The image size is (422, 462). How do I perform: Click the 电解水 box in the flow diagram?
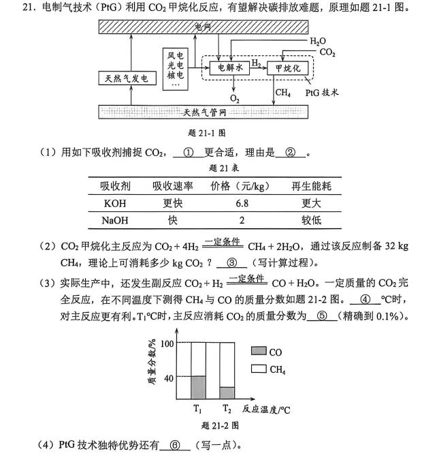[229, 68]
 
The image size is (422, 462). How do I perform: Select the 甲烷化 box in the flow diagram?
[287, 68]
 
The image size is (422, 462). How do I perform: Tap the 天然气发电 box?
[127, 78]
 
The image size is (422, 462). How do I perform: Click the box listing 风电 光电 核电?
[176, 69]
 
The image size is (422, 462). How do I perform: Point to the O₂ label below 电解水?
[234, 98]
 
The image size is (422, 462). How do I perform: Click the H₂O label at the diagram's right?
[318, 42]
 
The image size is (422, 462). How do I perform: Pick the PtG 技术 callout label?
[322, 93]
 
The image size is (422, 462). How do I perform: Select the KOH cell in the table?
[115, 203]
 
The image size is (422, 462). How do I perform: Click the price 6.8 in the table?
[242, 203]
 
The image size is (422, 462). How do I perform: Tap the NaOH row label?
[115, 220]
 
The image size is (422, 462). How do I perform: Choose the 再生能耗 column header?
[311, 186]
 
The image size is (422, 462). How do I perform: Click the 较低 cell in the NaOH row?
[311, 220]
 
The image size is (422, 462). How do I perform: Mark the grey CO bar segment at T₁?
[198, 388]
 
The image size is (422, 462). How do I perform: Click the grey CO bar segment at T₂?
[227, 393]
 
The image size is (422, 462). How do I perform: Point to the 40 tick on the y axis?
[169, 378]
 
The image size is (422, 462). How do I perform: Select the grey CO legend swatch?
[259, 351]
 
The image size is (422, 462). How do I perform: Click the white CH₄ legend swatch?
[259, 369]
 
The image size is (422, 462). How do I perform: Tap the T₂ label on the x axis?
[227, 409]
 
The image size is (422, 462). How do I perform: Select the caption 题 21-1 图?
[207, 133]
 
